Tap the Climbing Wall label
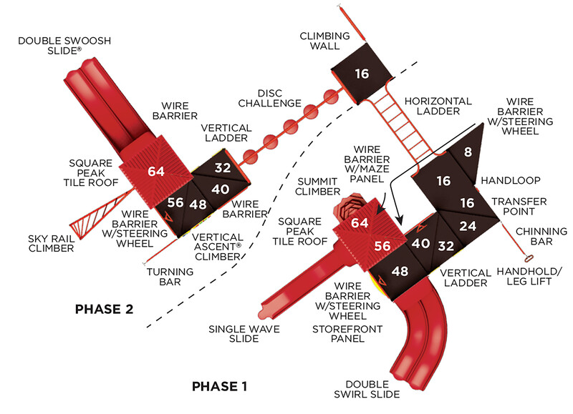pos(324,41)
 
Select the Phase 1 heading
pos(219,386)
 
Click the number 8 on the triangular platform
pos(467,152)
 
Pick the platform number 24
pos(467,227)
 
